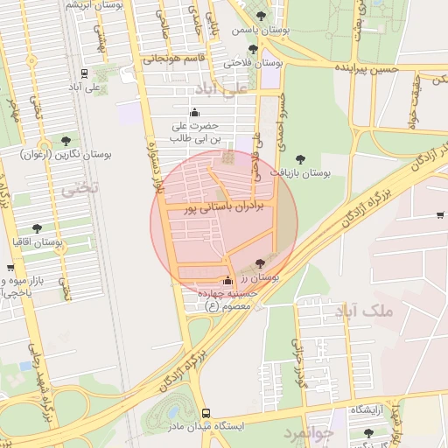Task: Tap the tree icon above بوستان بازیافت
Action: [x=301, y=159]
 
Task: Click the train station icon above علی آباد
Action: [x=84, y=73]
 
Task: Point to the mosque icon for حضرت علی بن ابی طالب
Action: [x=194, y=112]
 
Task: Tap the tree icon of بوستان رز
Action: [x=259, y=263]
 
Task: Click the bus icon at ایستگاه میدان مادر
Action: [x=206, y=412]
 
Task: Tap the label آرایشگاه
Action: [x=368, y=409]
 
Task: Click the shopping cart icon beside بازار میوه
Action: [x=10, y=268]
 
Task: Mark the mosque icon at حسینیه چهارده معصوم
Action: [x=228, y=281]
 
